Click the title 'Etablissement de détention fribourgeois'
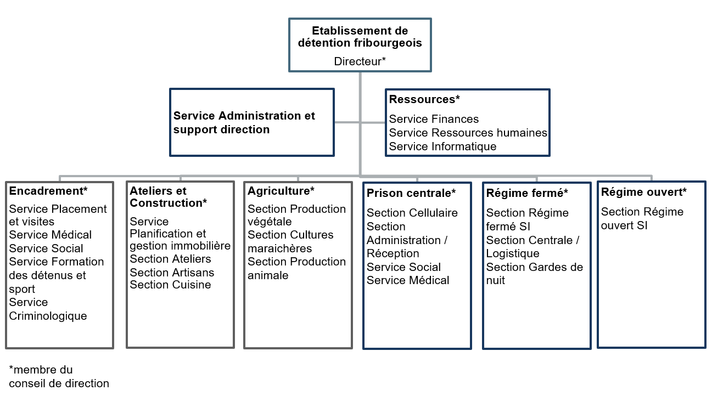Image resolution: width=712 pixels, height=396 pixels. pos(360,37)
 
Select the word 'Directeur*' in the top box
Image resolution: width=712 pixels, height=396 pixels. pos(360,61)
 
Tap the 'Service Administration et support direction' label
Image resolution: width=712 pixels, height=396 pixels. pos(244,123)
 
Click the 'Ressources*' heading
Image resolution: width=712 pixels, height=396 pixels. pos(424,99)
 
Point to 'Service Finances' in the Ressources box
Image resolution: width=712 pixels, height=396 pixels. pos(434,119)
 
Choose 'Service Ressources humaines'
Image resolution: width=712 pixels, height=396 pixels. pos(468,133)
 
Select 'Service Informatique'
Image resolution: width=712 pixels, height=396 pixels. pos(442,146)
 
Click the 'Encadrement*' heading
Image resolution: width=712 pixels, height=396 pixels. pos(48,191)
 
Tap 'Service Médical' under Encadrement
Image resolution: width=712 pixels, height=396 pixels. pos(50,235)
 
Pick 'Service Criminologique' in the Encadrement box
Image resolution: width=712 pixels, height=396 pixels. pos(48,309)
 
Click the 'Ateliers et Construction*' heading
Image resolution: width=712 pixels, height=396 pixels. pos(168,197)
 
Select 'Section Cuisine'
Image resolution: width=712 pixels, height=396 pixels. pos(170,285)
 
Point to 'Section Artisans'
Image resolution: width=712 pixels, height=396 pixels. pos(172,273)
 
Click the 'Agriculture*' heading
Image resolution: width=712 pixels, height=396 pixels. pos(281,191)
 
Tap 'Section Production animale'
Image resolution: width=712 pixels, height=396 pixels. pos(296,268)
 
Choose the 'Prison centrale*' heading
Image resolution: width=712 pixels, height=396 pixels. pos(411,193)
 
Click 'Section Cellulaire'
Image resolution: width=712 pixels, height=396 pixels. pos(412,213)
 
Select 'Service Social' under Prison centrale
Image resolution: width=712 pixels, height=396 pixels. pos(403,267)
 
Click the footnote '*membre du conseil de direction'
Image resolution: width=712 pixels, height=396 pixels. pos(59,376)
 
